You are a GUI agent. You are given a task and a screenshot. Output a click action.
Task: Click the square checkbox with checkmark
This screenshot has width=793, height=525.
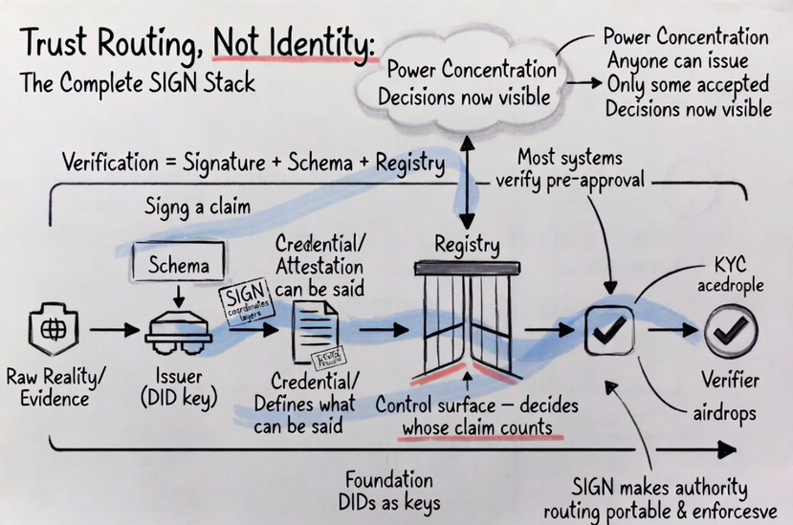click(609, 331)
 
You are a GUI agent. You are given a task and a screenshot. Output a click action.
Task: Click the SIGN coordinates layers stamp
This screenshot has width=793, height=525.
click(247, 303)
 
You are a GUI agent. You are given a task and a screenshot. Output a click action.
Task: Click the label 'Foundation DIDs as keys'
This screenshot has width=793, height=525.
click(388, 491)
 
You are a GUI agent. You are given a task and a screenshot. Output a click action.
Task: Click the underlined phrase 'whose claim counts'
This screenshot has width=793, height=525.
click(477, 427)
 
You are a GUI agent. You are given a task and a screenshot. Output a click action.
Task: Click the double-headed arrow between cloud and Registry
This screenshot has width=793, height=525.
click(468, 183)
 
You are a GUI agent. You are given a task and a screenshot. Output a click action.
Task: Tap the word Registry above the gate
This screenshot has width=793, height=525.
click(467, 245)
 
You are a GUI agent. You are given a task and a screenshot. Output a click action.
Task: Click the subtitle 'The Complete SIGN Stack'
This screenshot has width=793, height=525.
click(138, 83)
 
